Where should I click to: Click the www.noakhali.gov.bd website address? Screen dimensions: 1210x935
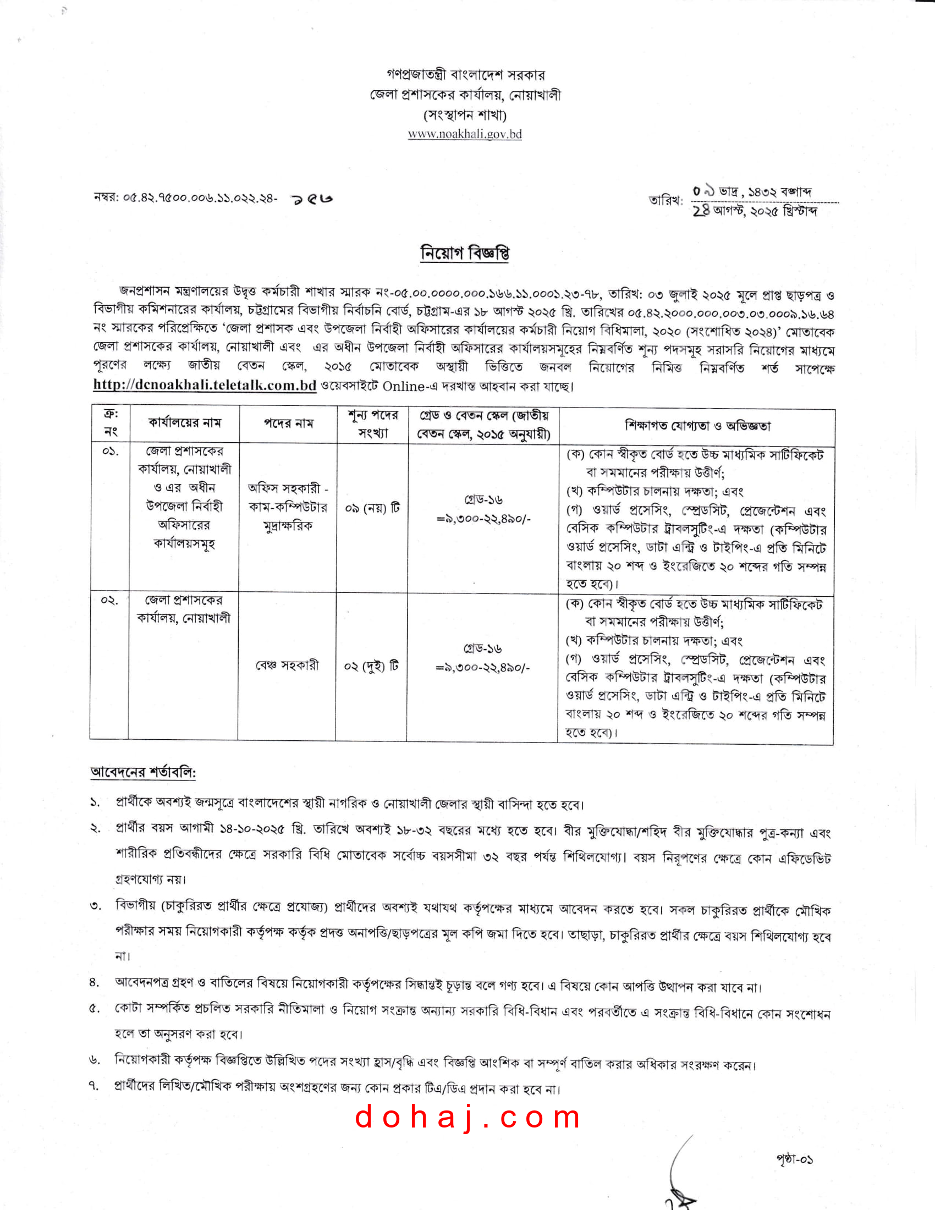tap(465, 134)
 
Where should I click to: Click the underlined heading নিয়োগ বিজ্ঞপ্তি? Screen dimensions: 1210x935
tap(465, 253)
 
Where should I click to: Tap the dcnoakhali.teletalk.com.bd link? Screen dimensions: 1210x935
tap(205, 385)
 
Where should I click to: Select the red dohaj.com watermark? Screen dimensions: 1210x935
tap(468, 1117)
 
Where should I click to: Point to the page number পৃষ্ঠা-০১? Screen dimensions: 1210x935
tap(794, 1159)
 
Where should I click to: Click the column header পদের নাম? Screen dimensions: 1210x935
tap(288, 424)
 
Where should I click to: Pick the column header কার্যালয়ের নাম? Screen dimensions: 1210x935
tap(184, 423)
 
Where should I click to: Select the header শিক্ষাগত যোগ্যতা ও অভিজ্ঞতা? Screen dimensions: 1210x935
tap(697, 426)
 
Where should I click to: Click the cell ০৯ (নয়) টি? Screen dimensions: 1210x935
tap(372, 508)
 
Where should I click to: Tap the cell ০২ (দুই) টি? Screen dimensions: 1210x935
tap(371, 665)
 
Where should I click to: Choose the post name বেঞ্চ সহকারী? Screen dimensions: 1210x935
tap(287, 665)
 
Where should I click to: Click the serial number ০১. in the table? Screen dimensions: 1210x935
tap(109, 452)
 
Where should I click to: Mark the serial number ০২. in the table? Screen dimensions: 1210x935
tap(109, 601)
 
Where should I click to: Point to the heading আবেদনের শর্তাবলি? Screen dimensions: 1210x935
tap(143, 772)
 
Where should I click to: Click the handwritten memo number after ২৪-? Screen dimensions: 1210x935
tap(312, 199)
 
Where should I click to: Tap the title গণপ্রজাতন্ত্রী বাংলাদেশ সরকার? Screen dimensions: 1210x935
tap(465, 75)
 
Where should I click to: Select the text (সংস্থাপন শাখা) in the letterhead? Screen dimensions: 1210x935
tap(465, 116)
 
